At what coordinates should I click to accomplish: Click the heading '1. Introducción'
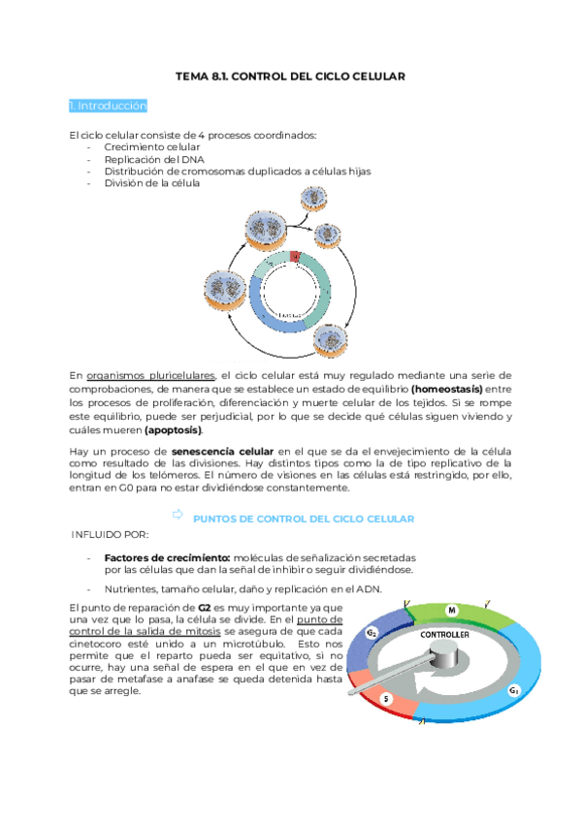108,105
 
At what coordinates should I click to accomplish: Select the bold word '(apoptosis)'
173,429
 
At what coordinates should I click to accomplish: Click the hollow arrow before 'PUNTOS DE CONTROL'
177,518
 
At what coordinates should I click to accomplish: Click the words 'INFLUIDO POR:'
110,534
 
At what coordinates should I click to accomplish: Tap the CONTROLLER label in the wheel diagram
445,634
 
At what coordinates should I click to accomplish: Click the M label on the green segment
451,610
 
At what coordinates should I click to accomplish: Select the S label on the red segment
386,698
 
